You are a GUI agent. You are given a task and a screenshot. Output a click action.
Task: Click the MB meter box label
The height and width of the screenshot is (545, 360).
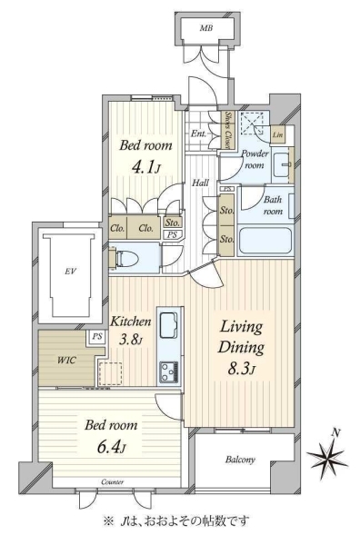[206, 28]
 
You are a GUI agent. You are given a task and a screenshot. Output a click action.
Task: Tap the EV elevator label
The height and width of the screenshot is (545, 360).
[70, 271]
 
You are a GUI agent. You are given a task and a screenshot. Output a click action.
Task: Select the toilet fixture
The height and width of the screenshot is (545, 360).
[125, 259]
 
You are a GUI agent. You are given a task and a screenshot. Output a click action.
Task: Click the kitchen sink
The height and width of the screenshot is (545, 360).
[169, 324]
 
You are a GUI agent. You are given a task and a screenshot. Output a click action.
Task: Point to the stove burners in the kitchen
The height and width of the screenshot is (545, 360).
[169, 372]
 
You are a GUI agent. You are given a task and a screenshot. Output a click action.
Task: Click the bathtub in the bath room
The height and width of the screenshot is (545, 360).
[265, 241]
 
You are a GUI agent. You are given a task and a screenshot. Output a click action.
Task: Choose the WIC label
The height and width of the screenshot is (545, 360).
[66, 360]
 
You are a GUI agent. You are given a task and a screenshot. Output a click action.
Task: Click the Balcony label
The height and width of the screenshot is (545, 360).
[240, 460]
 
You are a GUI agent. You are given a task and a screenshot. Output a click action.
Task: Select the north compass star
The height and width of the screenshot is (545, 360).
[327, 455]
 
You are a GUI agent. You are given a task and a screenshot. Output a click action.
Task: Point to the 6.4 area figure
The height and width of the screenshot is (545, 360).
[111, 447]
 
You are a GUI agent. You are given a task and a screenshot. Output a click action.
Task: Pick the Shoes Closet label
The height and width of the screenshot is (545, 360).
[228, 130]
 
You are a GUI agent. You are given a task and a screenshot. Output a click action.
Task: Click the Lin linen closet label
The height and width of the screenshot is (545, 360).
[277, 134]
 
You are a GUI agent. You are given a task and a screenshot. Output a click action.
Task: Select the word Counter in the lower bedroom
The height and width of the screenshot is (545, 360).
[113, 482]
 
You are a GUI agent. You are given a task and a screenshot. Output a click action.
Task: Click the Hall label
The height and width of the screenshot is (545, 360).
[201, 183]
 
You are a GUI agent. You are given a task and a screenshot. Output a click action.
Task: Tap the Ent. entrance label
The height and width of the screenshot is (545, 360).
[198, 134]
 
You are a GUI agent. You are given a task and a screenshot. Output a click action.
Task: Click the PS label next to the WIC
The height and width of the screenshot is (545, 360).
[97, 336]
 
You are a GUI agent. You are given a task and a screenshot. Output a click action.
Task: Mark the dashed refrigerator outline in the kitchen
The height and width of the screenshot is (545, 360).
[110, 373]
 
